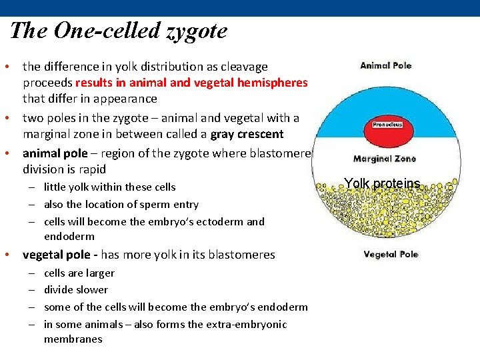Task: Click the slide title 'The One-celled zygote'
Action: (x=119, y=31)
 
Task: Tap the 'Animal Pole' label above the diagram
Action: (x=386, y=65)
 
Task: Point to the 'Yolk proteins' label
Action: (x=382, y=183)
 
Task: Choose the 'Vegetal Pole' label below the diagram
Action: (x=391, y=254)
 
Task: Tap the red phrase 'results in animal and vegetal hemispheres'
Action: (x=191, y=83)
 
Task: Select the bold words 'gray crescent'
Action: (x=247, y=134)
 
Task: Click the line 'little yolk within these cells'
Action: (x=109, y=187)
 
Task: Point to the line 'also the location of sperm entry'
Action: (x=121, y=204)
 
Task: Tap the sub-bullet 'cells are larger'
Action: (x=79, y=273)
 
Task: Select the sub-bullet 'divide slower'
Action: (x=75, y=289)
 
